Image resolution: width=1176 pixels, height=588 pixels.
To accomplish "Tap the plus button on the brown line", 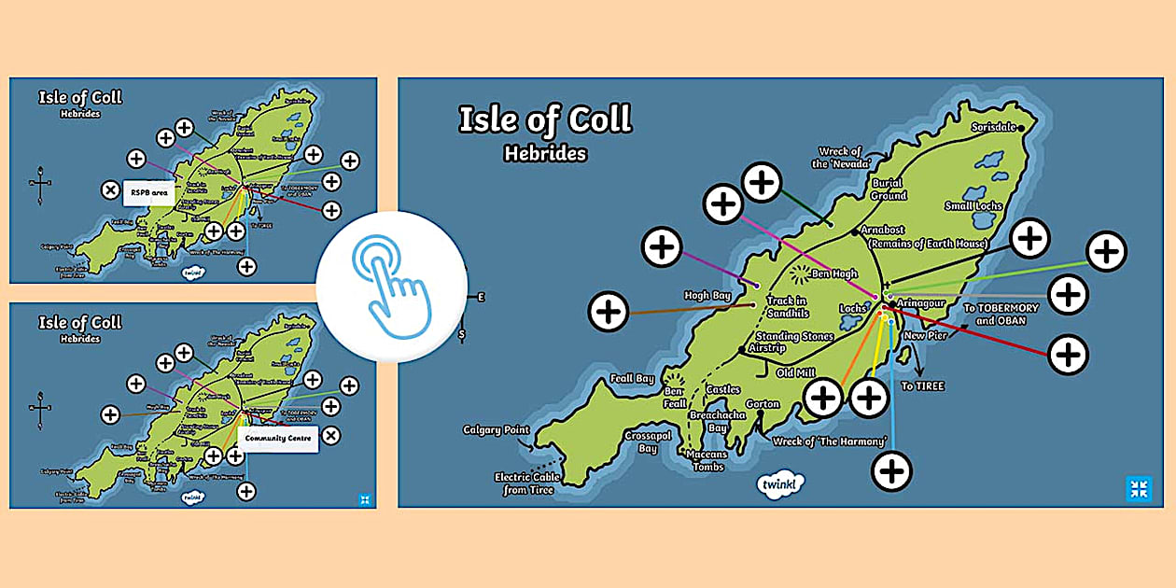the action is click(x=609, y=311).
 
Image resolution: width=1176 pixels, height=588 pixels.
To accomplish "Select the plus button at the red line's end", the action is click(x=1068, y=355).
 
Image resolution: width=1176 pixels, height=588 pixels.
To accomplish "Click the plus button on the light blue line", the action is click(x=892, y=470).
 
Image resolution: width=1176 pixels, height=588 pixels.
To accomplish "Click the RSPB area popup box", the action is click(x=149, y=191).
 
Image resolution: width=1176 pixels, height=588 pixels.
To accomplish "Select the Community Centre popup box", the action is click(x=278, y=437).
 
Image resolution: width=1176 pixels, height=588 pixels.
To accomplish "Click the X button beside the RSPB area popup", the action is click(x=110, y=190).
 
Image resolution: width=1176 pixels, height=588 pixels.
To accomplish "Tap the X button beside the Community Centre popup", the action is click(x=331, y=435).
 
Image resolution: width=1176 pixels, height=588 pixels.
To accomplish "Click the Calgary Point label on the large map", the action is click(x=496, y=430).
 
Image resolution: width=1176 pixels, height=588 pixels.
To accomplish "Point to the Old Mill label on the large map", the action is click(x=796, y=373).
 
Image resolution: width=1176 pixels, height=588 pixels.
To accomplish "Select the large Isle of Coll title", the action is click(x=544, y=119).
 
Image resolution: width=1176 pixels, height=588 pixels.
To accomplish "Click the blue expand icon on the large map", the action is click(x=1139, y=488).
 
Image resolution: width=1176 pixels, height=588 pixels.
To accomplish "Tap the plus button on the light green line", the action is click(x=1107, y=251).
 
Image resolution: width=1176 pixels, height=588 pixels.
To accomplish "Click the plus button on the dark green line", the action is click(x=763, y=182).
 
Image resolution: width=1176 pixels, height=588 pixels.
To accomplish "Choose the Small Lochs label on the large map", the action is click(x=973, y=206).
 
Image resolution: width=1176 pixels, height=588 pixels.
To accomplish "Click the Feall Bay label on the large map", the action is click(x=632, y=379).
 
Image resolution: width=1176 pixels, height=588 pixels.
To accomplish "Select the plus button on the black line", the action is click(x=1030, y=237).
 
